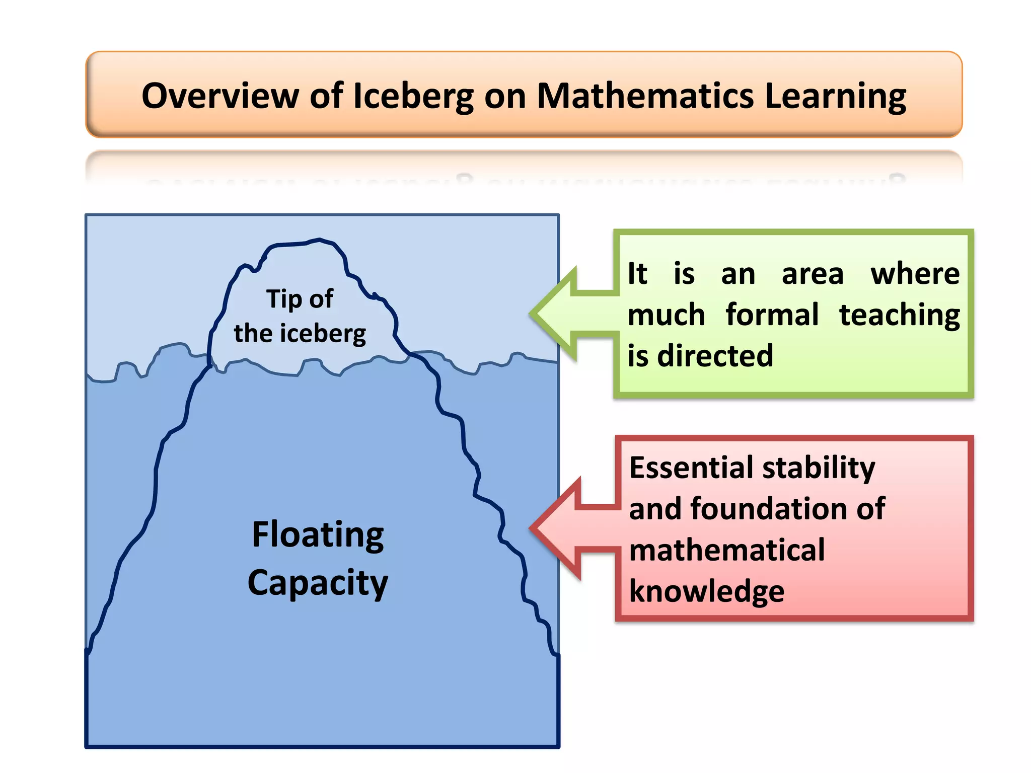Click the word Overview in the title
pyautogui.click(x=220, y=96)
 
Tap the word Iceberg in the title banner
pyautogui.click(x=413, y=97)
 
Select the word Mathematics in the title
pyautogui.click(x=645, y=96)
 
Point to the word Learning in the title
pyautogui.click(x=835, y=97)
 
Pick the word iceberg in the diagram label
pyautogui.click(x=323, y=334)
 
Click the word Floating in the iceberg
pyautogui.click(x=318, y=535)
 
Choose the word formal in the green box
pyautogui.click(x=772, y=315)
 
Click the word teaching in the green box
pyautogui.click(x=899, y=316)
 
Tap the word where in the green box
pyautogui.click(x=915, y=274)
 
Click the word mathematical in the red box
pyautogui.click(x=727, y=550)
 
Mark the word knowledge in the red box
pyautogui.click(x=706, y=591)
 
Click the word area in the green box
pyautogui.click(x=812, y=275)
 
